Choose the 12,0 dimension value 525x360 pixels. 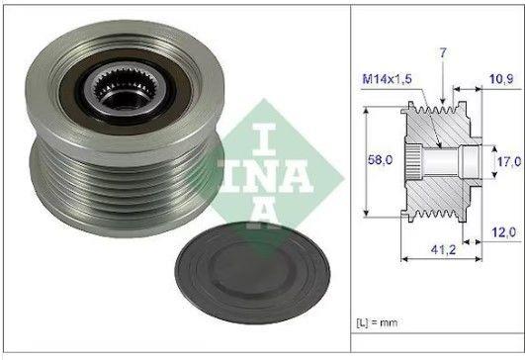pyautogui.click(x=503, y=232)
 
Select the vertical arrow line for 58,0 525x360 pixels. pyautogui.click(x=366, y=157)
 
